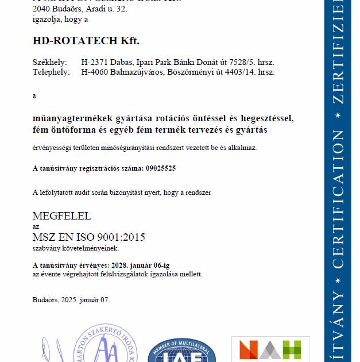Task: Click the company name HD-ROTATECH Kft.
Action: click(x=86, y=41)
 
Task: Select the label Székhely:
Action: click(x=49, y=62)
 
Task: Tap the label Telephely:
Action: click(x=51, y=72)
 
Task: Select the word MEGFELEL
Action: click(x=62, y=217)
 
